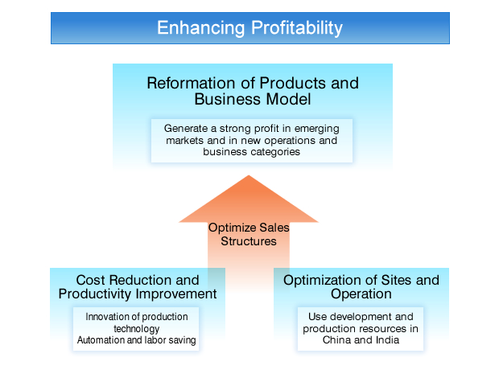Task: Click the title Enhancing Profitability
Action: [x=249, y=28]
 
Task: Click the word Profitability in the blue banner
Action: [x=295, y=28]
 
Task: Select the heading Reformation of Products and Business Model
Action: [x=252, y=91]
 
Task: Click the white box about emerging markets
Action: [x=252, y=139]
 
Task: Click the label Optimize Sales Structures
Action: [x=249, y=234]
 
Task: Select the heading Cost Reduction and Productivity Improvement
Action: [x=137, y=286]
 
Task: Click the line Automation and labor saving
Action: [x=136, y=340]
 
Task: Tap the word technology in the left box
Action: [x=136, y=329]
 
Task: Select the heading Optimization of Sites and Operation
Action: [x=361, y=286]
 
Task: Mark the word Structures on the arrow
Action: [x=249, y=240]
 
